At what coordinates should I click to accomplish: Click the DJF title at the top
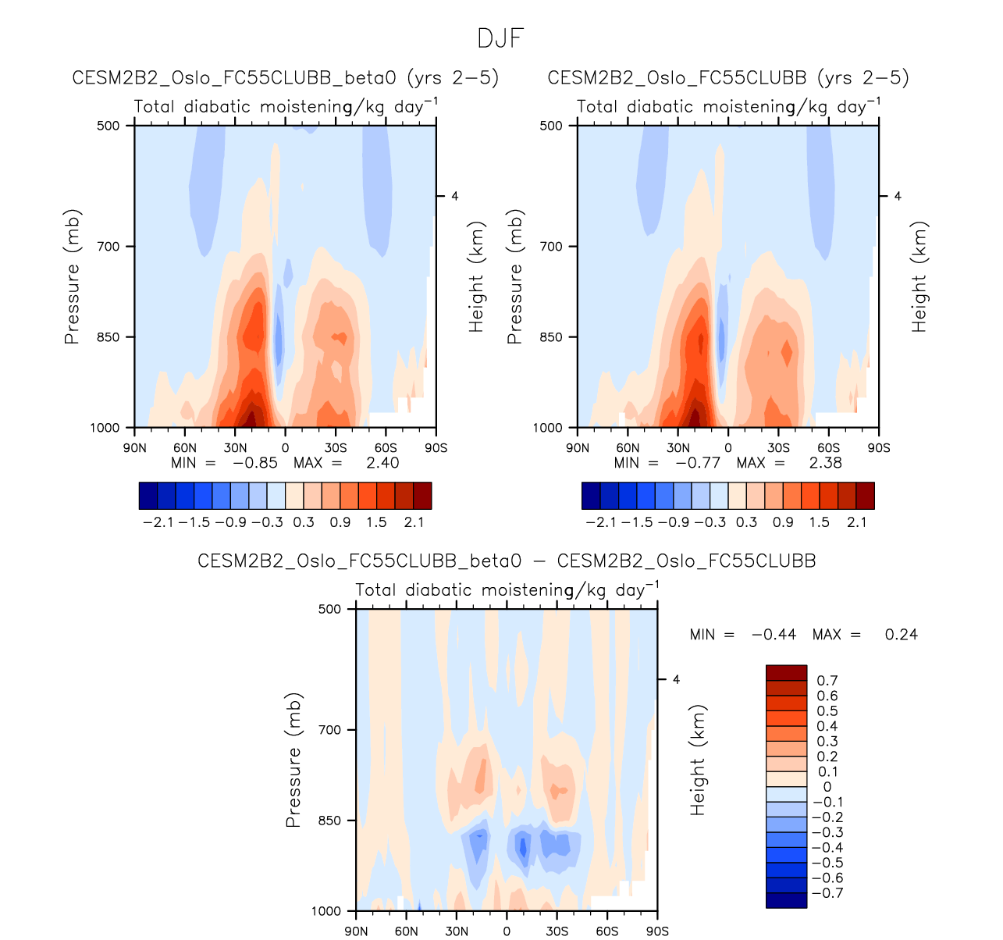coord(500,38)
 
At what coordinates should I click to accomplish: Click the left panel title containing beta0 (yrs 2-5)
coord(286,78)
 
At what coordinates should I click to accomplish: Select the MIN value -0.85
coord(254,462)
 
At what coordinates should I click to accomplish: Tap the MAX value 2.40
coord(382,462)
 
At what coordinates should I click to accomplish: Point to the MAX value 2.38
coord(825,462)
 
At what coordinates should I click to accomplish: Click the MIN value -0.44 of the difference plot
coord(774,635)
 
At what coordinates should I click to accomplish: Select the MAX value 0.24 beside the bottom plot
coord(902,635)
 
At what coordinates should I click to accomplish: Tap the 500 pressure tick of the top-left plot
coord(110,126)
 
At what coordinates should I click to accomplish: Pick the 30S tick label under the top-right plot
coord(778,448)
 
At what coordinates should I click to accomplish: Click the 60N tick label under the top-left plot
coord(185,448)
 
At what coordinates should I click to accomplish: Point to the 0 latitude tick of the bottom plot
coord(507,931)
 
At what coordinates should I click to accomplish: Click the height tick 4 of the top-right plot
coord(898,196)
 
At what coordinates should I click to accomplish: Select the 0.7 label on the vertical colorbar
coord(827,681)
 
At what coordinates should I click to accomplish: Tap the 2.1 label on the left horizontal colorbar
coord(414,522)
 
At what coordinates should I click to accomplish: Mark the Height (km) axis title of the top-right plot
coord(920,277)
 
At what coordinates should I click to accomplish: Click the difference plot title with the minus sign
coord(507,561)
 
